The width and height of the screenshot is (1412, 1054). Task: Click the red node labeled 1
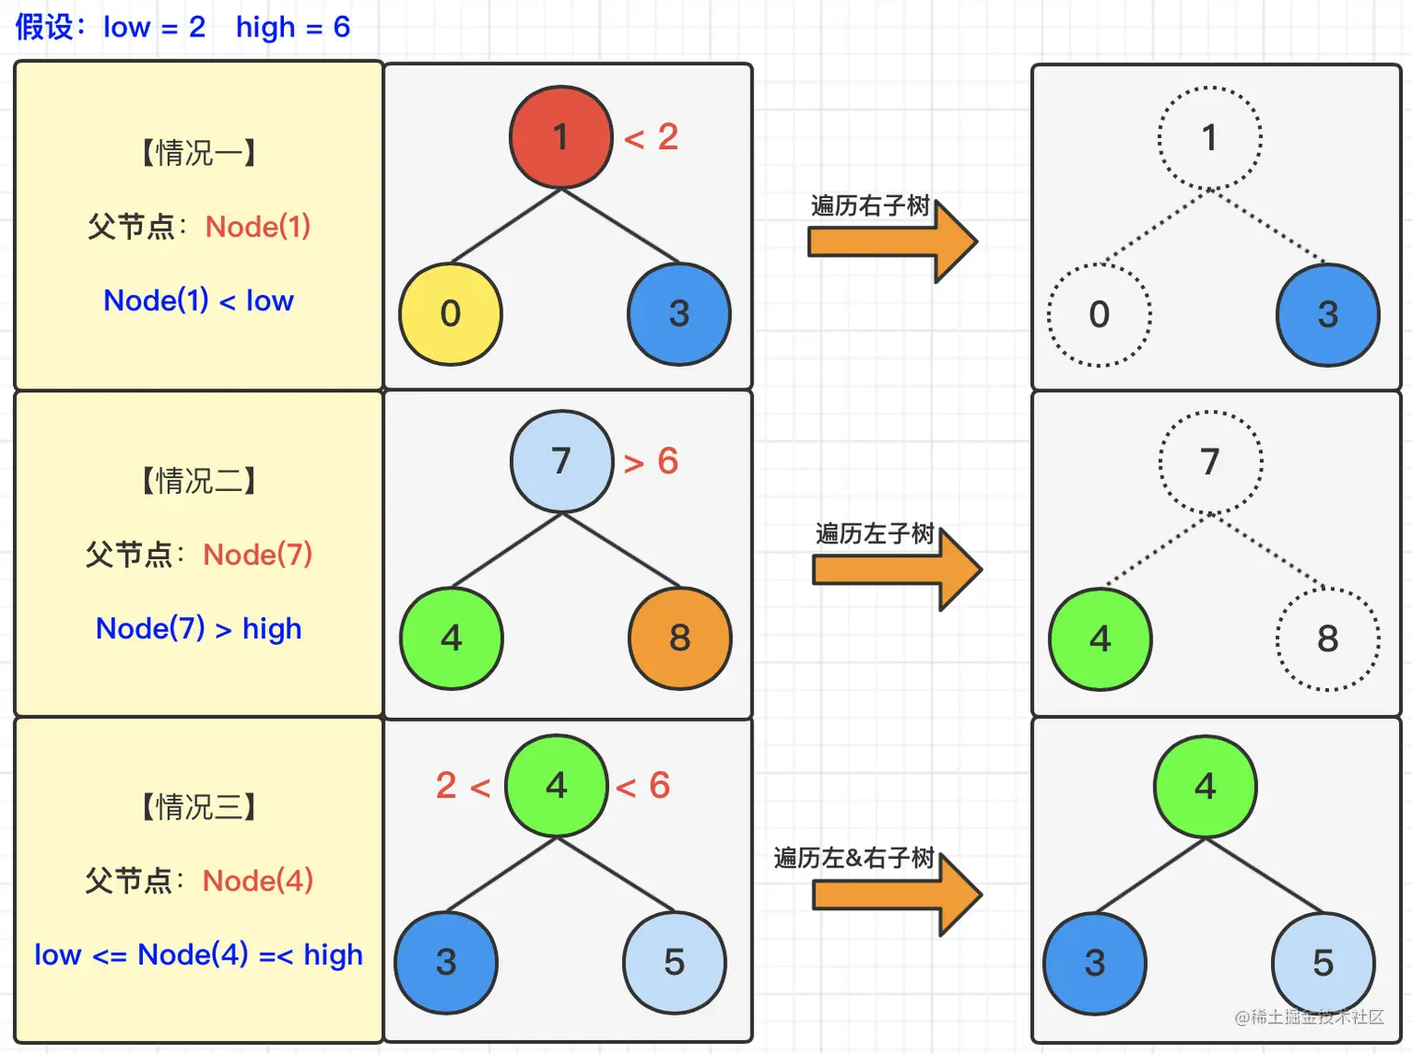(561, 137)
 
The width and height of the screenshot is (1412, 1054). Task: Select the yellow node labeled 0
(450, 314)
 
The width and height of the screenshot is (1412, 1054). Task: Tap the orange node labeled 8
(680, 638)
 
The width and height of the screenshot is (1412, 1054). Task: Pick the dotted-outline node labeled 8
(1328, 639)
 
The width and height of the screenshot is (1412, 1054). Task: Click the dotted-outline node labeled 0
(1099, 315)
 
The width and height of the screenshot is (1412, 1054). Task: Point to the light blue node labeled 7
(561, 461)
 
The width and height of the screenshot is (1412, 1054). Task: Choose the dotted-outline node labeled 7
(1210, 462)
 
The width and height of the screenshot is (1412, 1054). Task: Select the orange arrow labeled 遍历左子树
(898, 569)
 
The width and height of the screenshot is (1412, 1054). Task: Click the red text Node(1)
(258, 227)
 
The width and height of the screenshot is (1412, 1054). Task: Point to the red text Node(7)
(258, 555)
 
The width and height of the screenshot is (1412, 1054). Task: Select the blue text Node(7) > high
(199, 629)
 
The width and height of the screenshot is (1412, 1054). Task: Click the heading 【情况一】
(199, 153)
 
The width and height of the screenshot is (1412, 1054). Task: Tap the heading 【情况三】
(199, 807)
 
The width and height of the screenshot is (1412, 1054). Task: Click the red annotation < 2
(652, 137)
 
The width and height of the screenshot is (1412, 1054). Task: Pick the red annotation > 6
(652, 461)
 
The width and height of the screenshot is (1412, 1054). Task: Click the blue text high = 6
(293, 27)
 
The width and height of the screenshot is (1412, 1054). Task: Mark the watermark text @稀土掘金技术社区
(1309, 1017)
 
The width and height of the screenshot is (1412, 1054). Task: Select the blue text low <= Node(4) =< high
(199, 955)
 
